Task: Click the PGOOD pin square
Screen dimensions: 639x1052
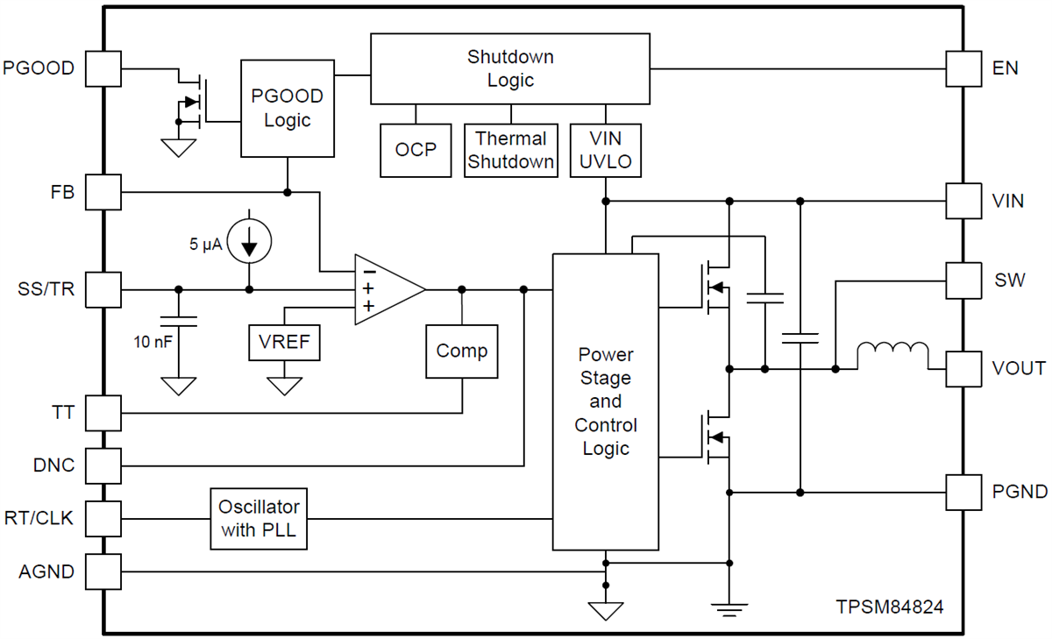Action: (x=103, y=68)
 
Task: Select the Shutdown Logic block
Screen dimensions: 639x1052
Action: (x=510, y=68)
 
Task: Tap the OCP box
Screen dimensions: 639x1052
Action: (x=416, y=150)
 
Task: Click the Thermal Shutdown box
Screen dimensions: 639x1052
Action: (x=510, y=150)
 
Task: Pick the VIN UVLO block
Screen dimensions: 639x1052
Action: (x=607, y=150)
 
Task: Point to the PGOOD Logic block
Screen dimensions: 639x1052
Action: (x=288, y=109)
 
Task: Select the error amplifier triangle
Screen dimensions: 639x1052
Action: (x=386, y=289)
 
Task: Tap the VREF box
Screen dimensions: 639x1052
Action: (x=285, y=342)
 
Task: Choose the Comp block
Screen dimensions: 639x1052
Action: (x=461, y=351)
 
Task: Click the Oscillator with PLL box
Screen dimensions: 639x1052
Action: (x=259, y=518)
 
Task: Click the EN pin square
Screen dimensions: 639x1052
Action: (x=963, y=68)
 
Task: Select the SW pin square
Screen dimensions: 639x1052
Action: (x=963, y=280)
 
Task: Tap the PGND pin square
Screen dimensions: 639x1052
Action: (x=963, y=492)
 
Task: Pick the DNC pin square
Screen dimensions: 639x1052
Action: (x=103, y=465)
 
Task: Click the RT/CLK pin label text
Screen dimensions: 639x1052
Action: (x=39, y=518)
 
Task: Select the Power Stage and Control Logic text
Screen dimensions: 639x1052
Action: (x=605, y=401)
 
